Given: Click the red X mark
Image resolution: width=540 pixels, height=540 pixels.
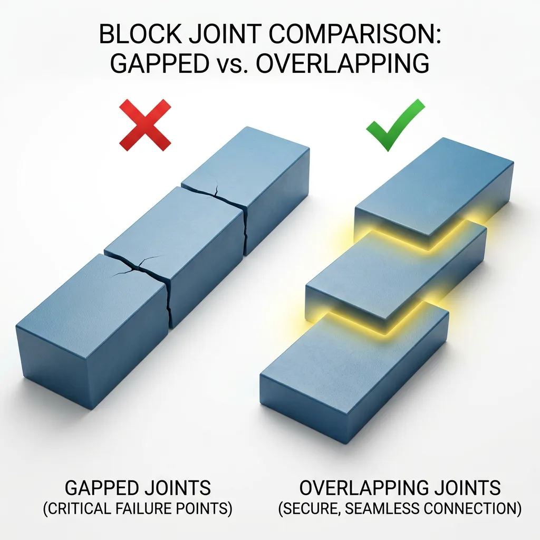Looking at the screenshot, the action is [x=145, y=126].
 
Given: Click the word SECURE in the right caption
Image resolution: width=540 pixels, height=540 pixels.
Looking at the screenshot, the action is [x=313, y=510].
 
